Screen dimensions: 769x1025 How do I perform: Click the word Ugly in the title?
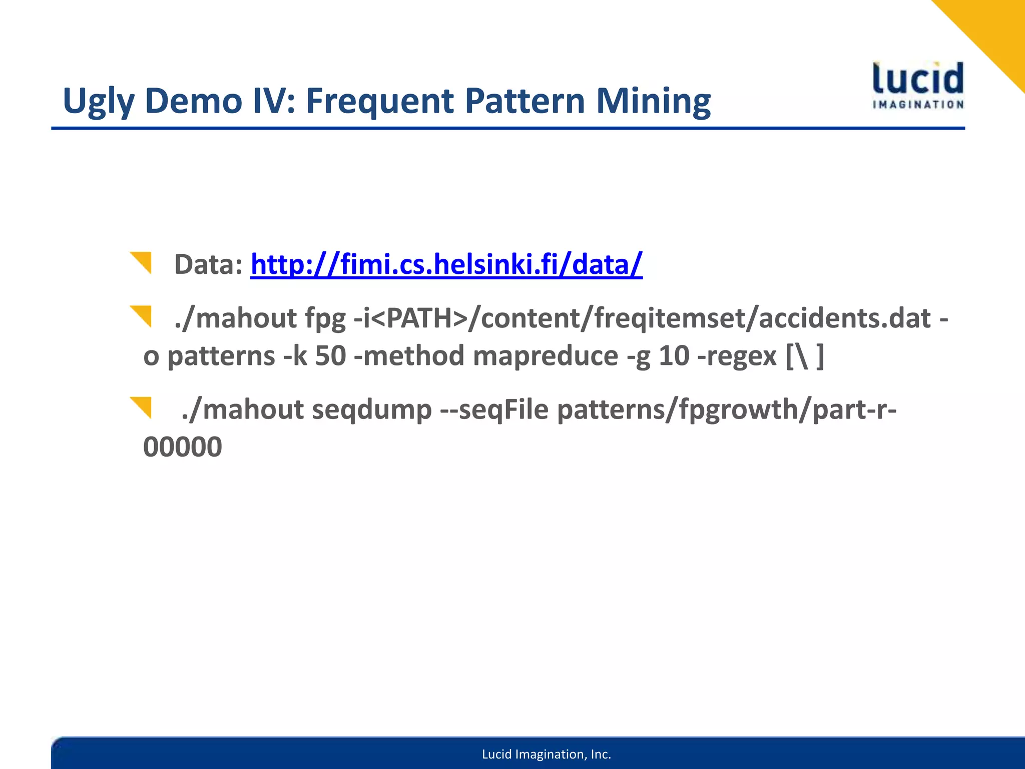[99, 102]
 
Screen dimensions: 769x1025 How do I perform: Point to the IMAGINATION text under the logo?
[918, 105]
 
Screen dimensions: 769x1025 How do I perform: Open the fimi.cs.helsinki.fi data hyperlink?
[446, 264]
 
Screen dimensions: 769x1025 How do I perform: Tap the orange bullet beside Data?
[141, 262]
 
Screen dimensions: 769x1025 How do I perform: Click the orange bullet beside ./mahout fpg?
[141, 316]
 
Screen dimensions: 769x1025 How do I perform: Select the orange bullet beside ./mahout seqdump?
[141, 407]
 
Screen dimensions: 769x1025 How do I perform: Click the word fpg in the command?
[325, 318]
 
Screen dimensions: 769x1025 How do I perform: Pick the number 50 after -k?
[330, 355]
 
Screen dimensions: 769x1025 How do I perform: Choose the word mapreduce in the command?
[545, 356]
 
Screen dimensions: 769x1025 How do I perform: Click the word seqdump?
[371, 410]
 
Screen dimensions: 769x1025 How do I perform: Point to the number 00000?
[183, 447]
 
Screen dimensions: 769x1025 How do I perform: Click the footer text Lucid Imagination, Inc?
[547, 754]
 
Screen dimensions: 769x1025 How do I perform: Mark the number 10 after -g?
[674, 355]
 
